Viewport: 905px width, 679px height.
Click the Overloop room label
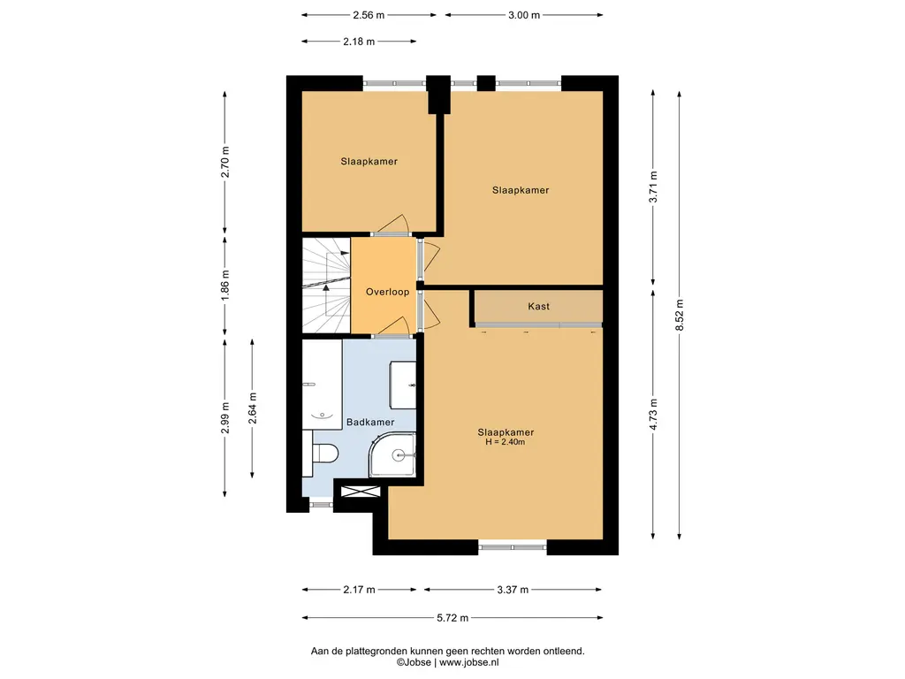(x=387, y=292)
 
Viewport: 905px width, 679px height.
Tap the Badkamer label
(x=370, y=423)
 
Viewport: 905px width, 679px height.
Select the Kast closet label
(x=538, y=307)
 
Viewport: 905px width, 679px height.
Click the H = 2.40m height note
(x=506, y=442)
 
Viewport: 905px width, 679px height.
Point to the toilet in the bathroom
(x=324, y=453)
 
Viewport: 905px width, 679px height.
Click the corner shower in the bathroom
(x=392, y=455)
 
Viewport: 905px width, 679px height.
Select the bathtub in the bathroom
(x=322, y=385)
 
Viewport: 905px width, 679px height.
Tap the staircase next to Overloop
(x=326, y=286)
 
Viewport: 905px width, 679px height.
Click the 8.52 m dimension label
(x=680, y=316)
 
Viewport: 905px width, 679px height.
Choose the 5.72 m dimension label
(x=452, y=618)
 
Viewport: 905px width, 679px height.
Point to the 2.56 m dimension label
(x=369, y=16)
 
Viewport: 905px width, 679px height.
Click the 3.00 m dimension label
(x=524, y=16)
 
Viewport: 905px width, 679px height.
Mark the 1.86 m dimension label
(x=225, y=286)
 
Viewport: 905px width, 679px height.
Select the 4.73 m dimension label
(x=653, y=415)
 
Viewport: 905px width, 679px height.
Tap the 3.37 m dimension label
(x=513, y=590)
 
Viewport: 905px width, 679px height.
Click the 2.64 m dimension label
(x=252, y=408)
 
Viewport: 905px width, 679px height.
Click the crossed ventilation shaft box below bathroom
(x=361, y=492)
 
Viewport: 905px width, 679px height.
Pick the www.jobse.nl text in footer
(x=468, y=663)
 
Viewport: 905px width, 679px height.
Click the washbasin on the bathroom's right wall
(x=403, y=385)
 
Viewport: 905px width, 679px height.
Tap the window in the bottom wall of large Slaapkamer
(x=513, y=545)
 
